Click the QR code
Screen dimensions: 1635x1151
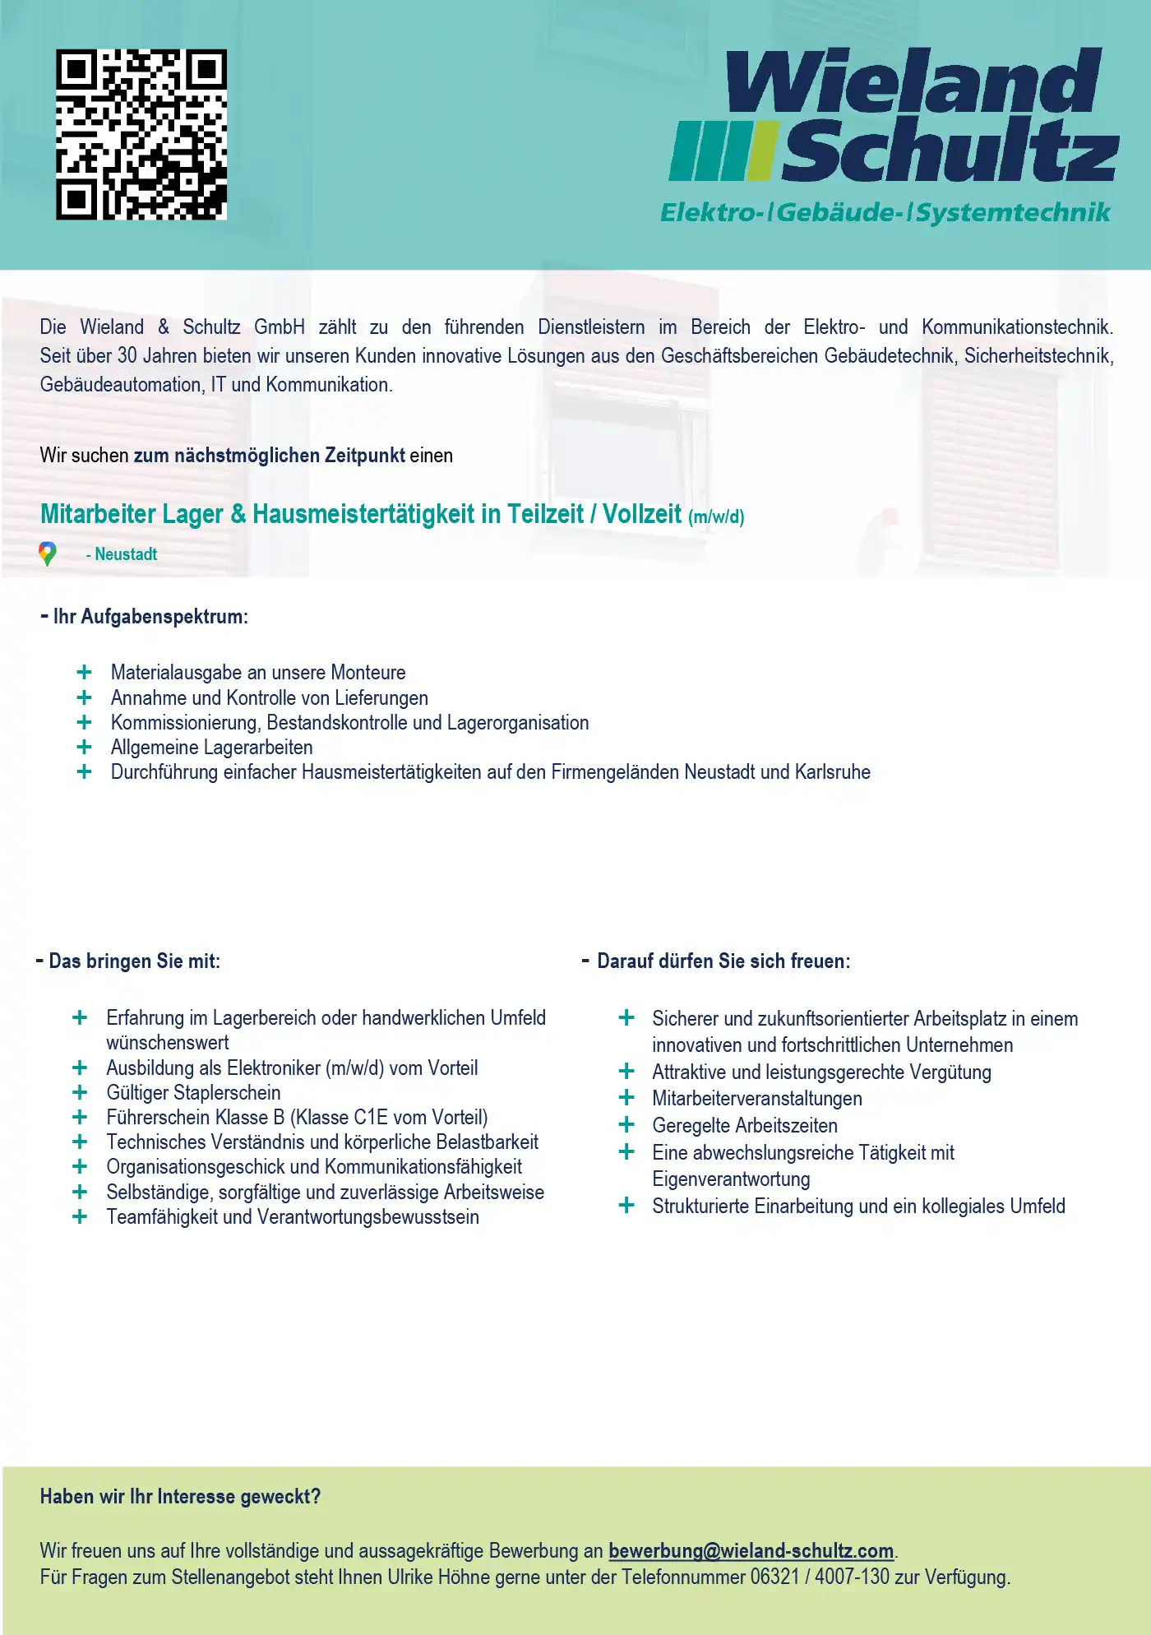[141, 134]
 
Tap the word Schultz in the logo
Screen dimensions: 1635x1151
[950, 151]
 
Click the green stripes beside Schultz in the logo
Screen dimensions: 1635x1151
[721, 151]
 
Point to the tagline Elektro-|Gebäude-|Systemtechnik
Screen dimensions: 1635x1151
[885, 213]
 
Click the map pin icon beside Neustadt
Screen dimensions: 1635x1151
[48, 554]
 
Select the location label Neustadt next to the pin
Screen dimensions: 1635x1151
[125, 554]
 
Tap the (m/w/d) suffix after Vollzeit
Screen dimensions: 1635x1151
[716, 517]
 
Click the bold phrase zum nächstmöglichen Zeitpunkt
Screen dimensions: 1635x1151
[269, 456]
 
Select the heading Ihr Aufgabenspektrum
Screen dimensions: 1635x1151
[150, 617]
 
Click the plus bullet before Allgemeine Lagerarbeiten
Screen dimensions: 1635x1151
[84, 747]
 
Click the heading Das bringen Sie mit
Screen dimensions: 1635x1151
[134, 961]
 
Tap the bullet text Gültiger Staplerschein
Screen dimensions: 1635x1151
[193, 1093]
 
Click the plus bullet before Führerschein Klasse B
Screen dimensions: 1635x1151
[80, 1117]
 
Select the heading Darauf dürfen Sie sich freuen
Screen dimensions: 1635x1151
[723, 961]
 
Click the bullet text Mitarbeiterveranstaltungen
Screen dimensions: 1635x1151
[756, 1099]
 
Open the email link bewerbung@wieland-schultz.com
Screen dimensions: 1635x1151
[751, 1551]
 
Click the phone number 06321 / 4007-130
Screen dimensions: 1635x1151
[820, 1577]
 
